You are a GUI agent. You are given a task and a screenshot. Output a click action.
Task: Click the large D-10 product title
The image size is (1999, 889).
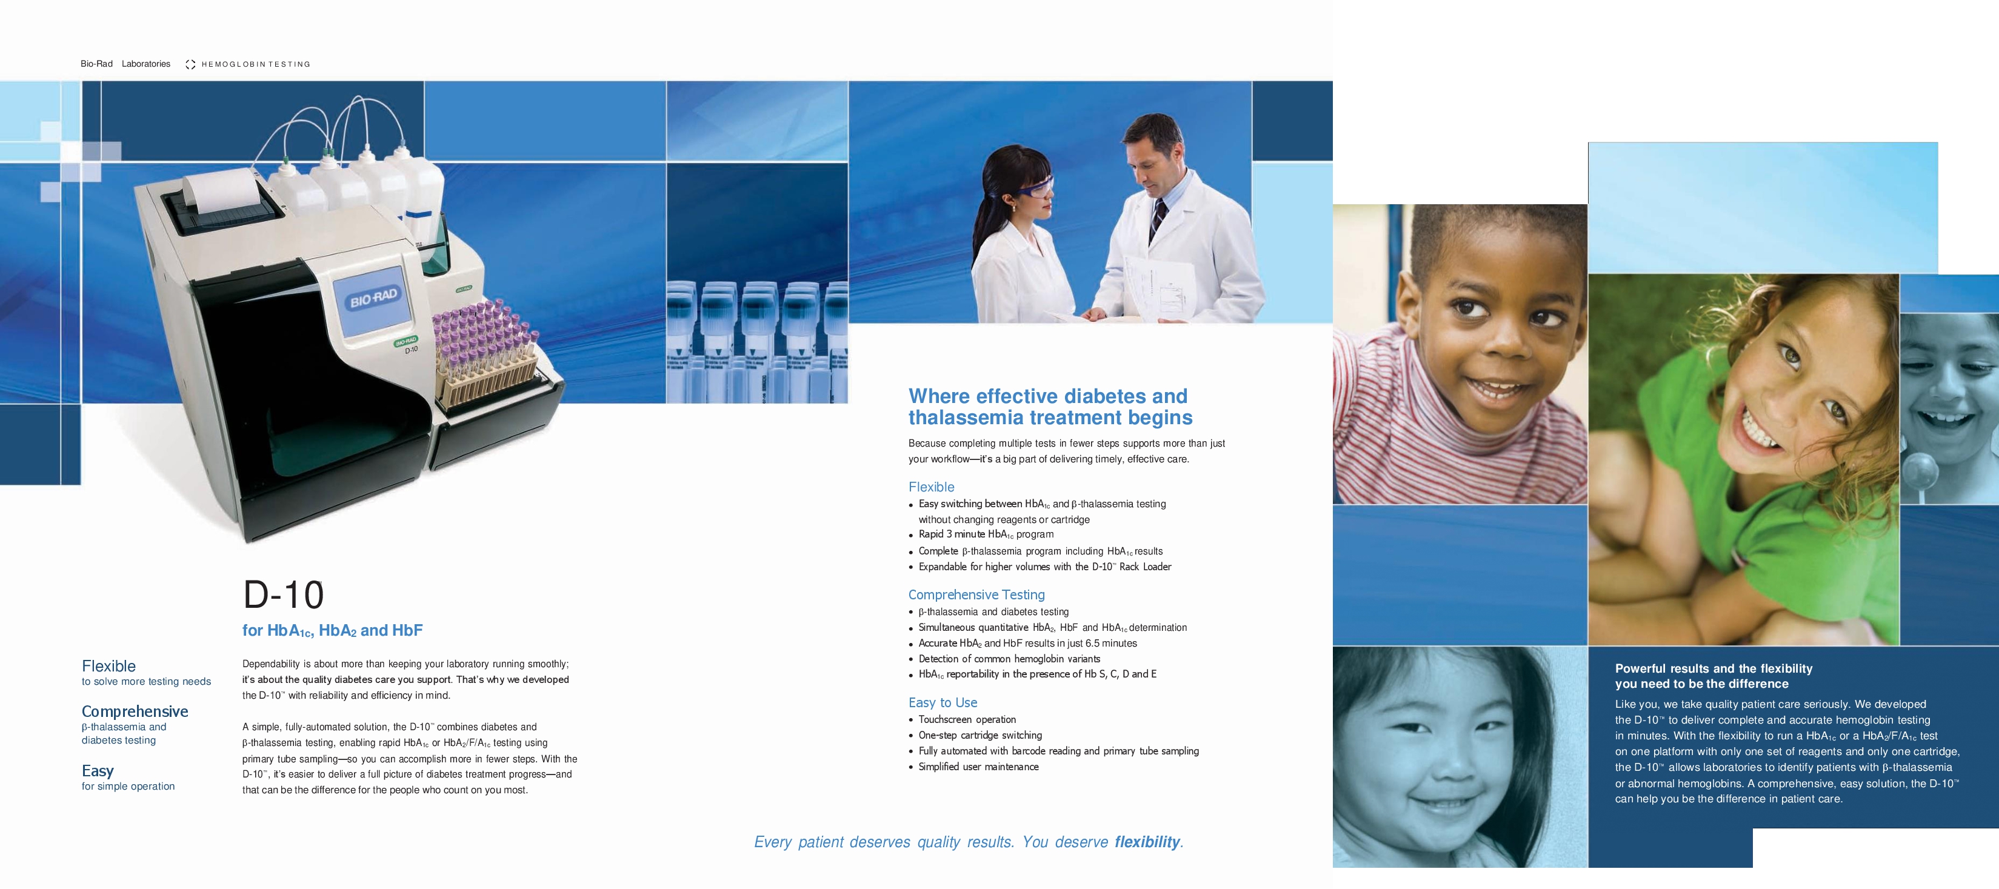pyautogui.click(x=283, y=595)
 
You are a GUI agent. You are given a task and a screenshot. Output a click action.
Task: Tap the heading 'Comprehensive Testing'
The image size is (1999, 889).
pyautogui.click(x=976, y=595)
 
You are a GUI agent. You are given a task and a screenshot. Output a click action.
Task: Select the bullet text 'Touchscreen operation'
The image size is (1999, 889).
pyautogui.click(x=967, y=720)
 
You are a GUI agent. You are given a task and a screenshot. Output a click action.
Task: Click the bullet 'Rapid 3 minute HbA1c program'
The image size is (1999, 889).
pyautogui.click(x=986, y=534)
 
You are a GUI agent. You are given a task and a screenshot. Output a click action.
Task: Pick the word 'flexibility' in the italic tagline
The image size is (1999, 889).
pyautogui.click(x=1148, y=842)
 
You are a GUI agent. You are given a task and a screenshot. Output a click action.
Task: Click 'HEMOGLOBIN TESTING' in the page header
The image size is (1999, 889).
pyautogui.click(x=255, y=64)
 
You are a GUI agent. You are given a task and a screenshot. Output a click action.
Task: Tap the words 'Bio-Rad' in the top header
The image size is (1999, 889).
pyautogui.click(x=96, y=64)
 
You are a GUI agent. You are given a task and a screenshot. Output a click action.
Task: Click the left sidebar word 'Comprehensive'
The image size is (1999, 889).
pyautogui.click(x=135, y=712)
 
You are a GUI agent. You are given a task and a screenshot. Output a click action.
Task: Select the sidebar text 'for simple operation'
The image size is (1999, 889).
pyautogui.click(x=128, y=787)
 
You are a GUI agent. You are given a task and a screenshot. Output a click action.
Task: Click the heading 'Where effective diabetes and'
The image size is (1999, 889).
pyautogui.click(x=1047, y=396)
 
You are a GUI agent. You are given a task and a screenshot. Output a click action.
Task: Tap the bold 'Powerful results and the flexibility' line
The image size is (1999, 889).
pyautogui.click(x=1714, y=668)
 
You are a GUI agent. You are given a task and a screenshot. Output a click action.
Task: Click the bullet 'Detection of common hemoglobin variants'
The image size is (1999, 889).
pyautogui.click(x=1009, y=659)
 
